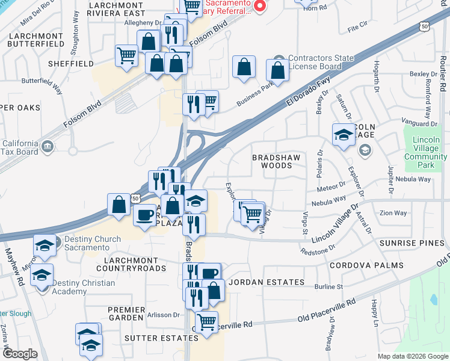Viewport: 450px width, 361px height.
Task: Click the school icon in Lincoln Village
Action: coord(344,136)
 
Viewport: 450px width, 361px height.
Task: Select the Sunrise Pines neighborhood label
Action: coord(412,243)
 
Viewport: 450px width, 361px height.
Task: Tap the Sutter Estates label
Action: coord(153,338)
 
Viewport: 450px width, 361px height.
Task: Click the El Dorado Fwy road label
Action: coord(300,93)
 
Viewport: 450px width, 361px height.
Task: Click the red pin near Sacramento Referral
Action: coord(260,6)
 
